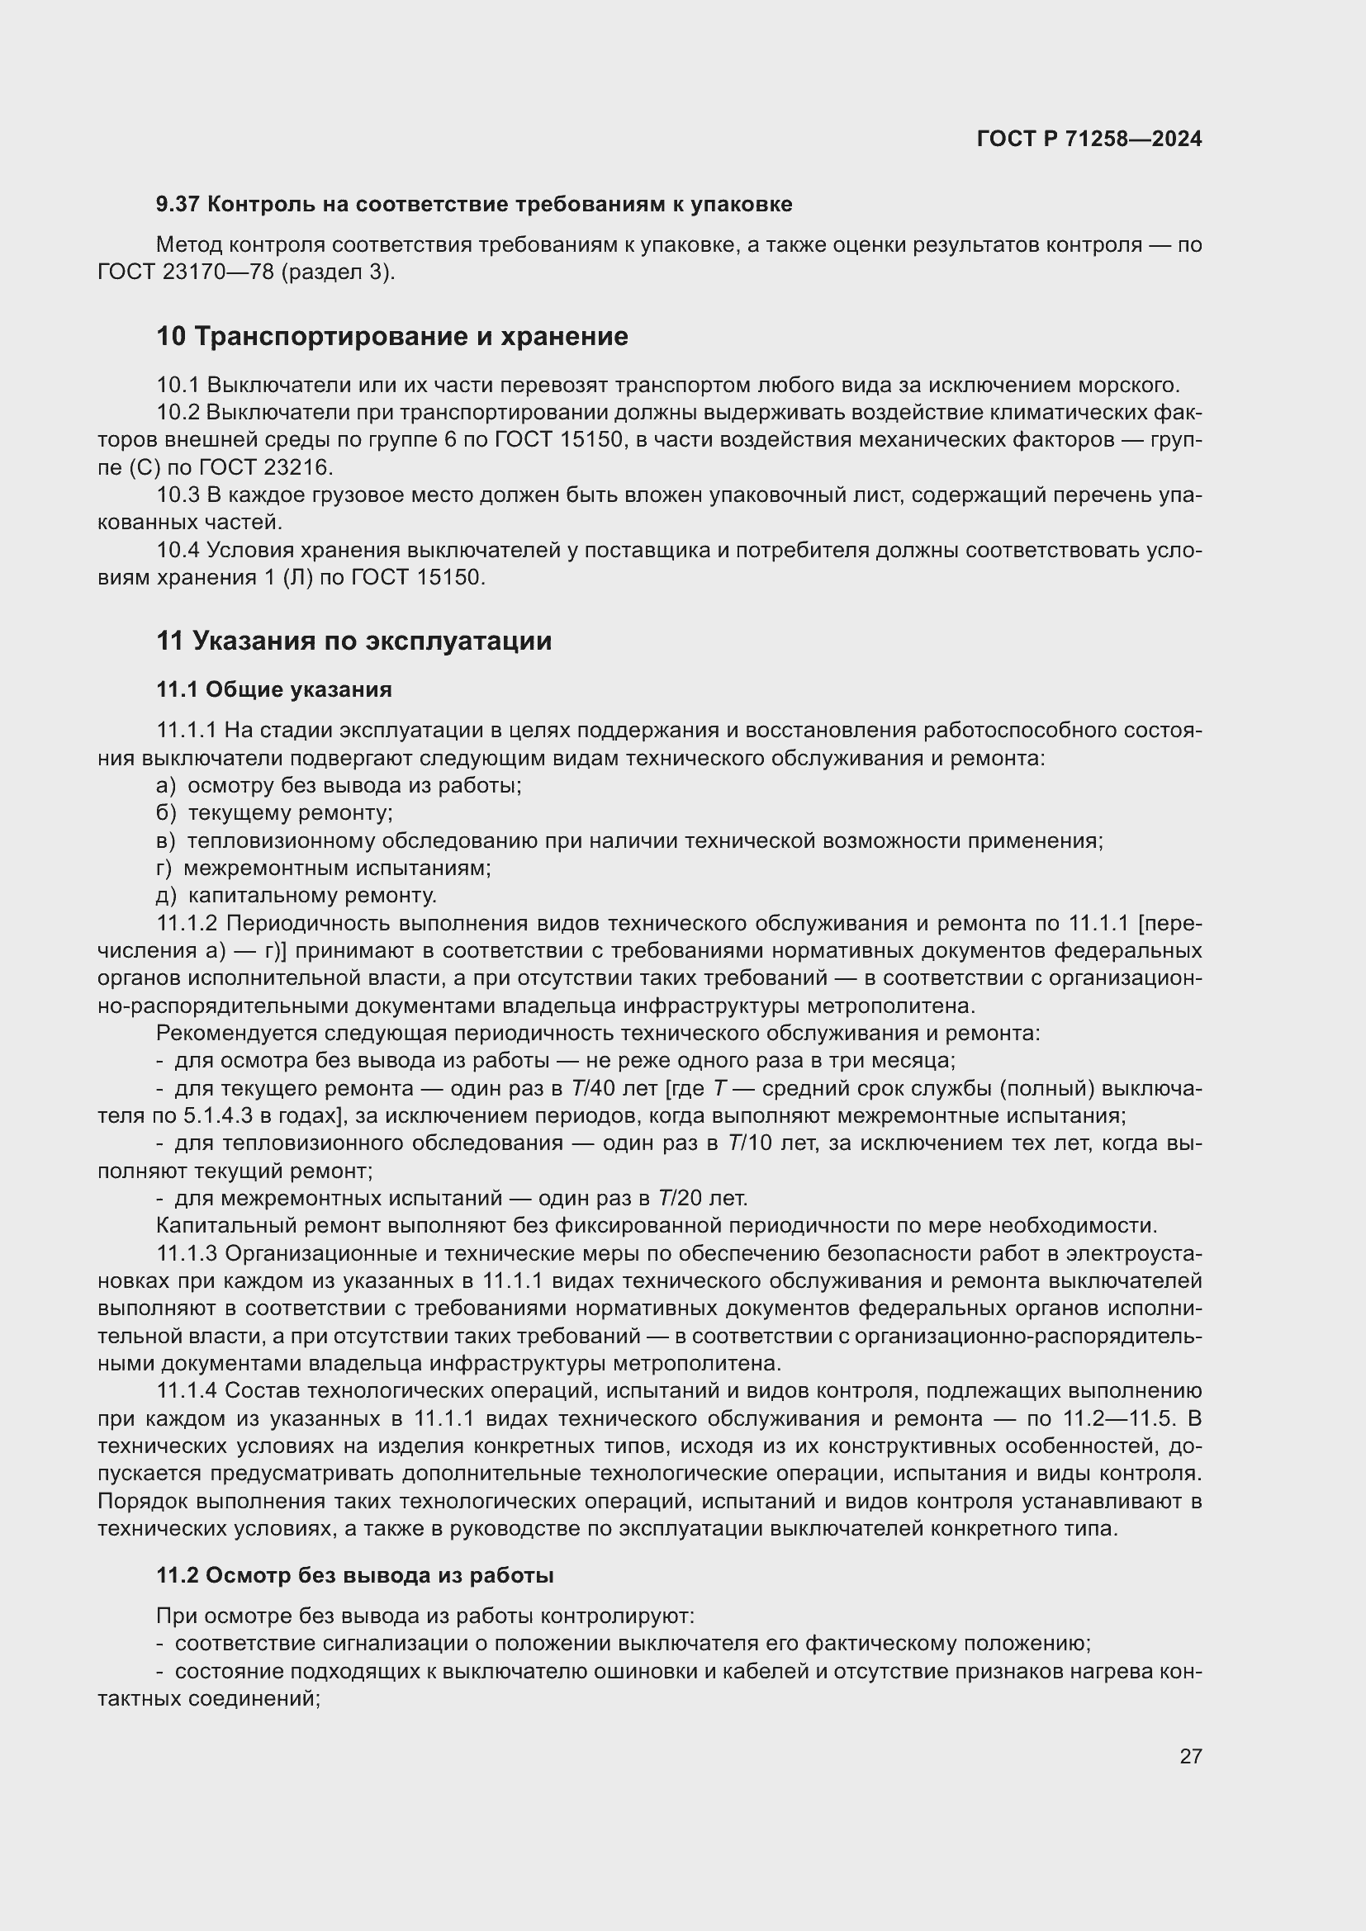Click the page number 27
tap(1190, 1756)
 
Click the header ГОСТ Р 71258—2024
tap(1089, 139)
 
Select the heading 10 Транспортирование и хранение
tap(392, 336)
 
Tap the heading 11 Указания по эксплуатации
tap(354, 641)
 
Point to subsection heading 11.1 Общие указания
tap(274, 689)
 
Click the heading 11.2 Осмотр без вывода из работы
tap(354, 1575)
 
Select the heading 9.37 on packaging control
tap(473, 204)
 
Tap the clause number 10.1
tap(178, 386)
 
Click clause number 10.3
tap(178, 495)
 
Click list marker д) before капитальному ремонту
tap(167, 895)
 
